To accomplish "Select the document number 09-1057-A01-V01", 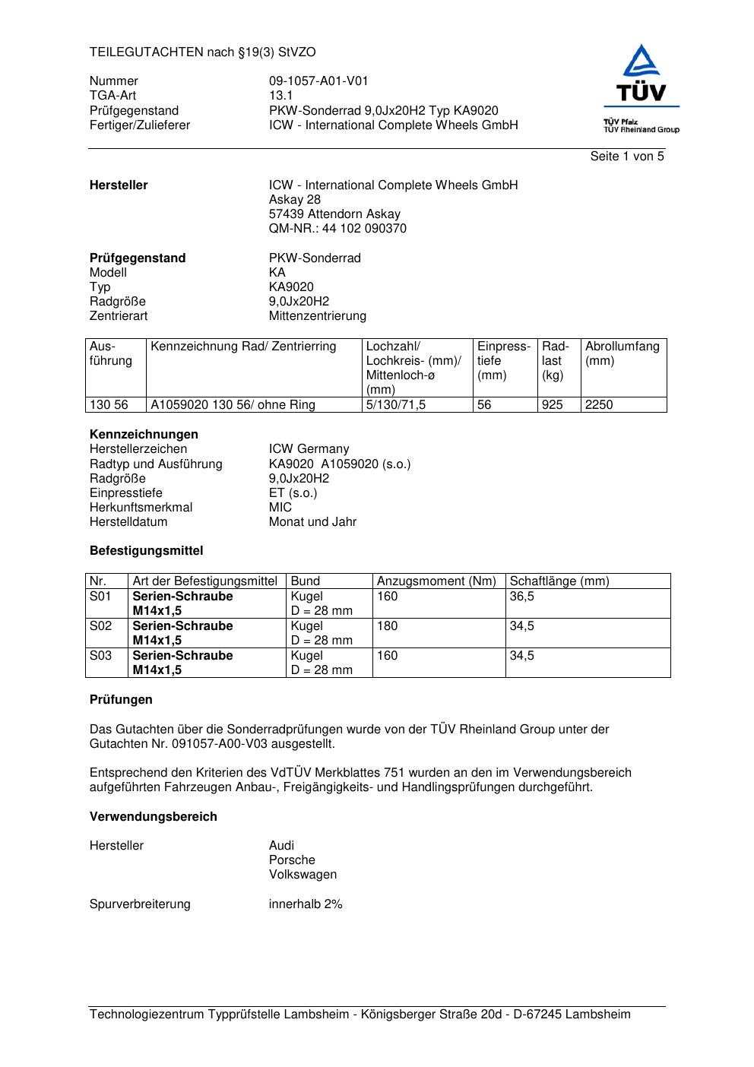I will [318, 81].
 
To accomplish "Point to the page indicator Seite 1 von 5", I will [627, 157].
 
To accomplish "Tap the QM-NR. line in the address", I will [337, 229].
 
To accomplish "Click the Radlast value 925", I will [553, 405].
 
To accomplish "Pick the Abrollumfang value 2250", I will [599, 405].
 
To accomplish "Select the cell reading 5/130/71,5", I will [396, 405].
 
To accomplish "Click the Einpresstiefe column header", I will [504, 360].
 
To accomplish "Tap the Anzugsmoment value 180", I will [388, 626].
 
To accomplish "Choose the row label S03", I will [100, 656].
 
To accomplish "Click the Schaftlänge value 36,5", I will [522, 597].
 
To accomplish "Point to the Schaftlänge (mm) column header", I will [559, 581].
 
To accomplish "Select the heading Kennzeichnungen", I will [144, 435].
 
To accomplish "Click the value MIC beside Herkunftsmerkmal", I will [280, 508].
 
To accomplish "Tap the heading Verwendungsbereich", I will [154, 817].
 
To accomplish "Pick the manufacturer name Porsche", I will [292, 860].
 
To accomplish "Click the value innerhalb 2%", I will [306, 904].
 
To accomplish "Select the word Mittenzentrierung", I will [318, 316].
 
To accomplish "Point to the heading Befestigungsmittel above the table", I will [147, 551].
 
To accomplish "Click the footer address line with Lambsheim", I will [360, 1015].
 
